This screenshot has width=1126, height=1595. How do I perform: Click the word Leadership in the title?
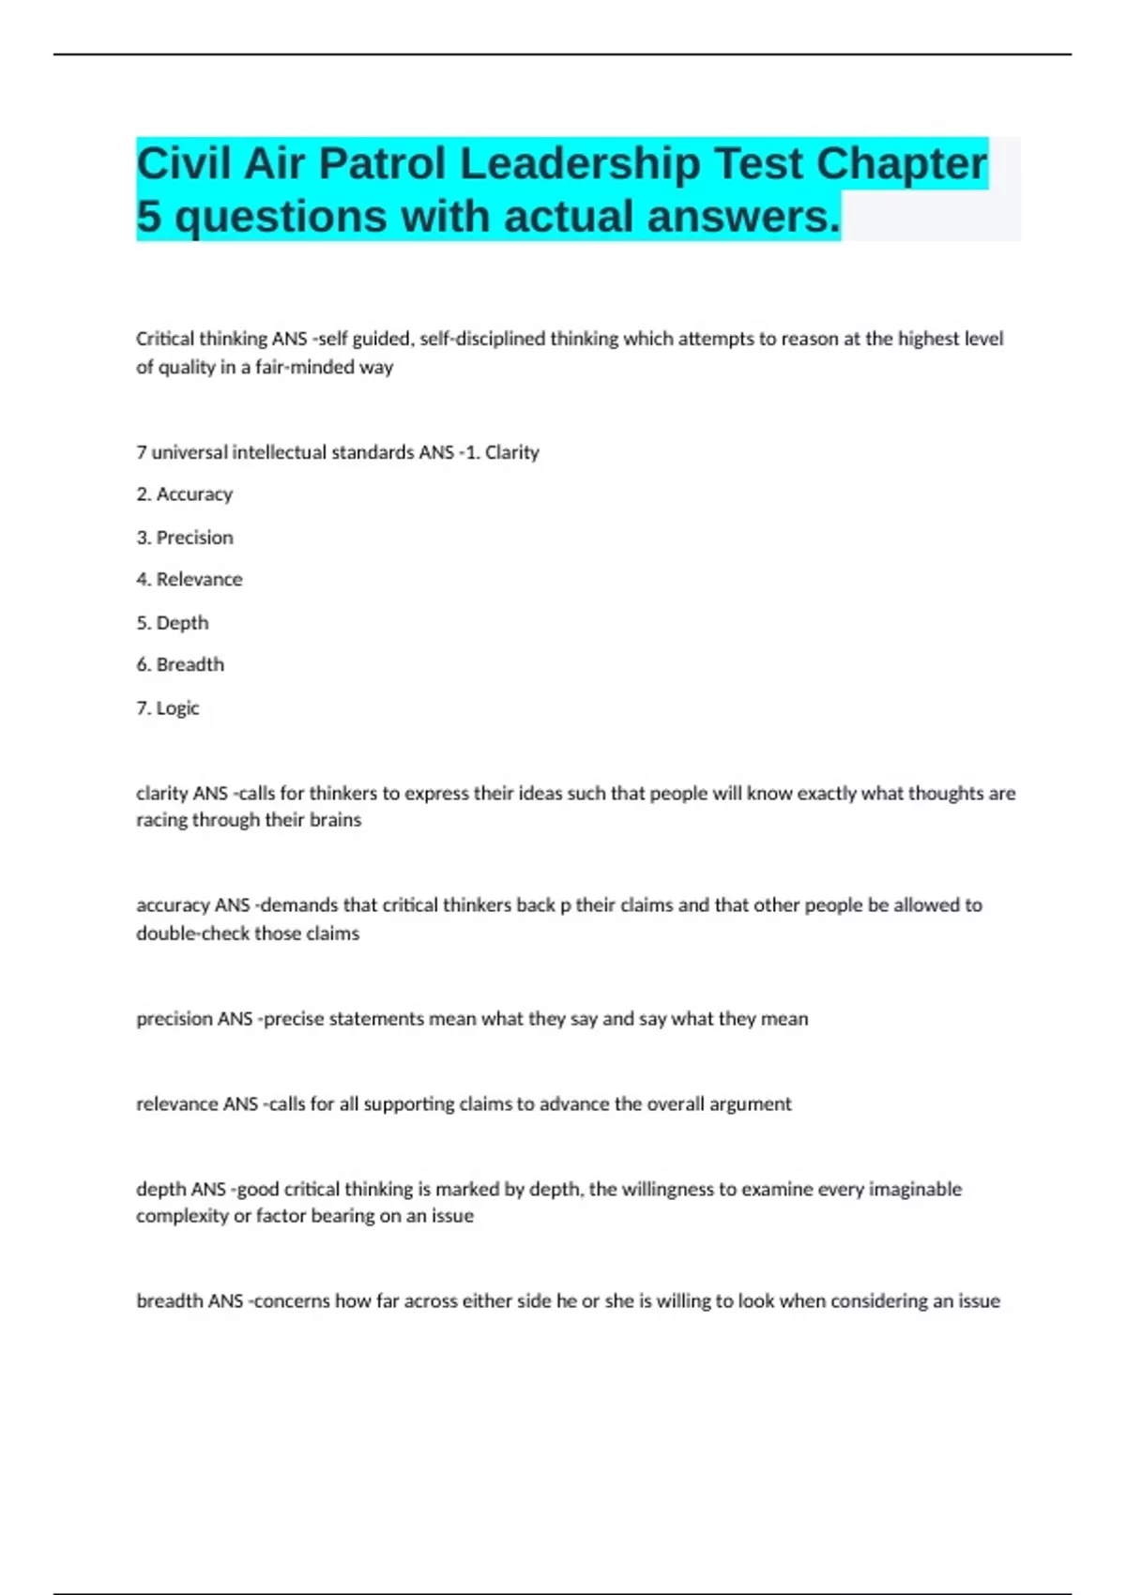click(580, 164)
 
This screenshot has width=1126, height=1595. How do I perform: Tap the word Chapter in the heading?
click(901, 164)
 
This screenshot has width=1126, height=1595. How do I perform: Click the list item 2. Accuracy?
click(185, 494)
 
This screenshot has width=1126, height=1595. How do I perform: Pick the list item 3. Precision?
click(185, 538)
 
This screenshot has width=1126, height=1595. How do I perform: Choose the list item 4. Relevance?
click(190, 580)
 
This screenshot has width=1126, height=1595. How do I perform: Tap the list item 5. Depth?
click(173, 623)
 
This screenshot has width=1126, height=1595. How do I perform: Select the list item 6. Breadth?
click(180, 665)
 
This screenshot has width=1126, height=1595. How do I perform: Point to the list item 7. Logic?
click(168, 708)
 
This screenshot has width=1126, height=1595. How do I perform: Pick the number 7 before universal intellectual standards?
click(141, 452)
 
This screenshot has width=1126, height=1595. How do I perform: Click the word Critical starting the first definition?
click(165, 339)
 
